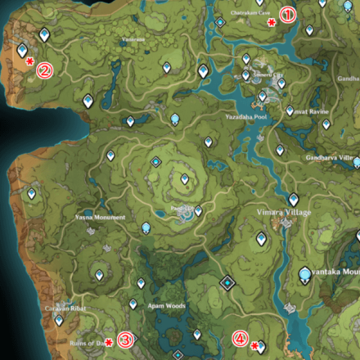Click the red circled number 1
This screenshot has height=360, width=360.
coord(286,14)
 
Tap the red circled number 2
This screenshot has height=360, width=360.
coord(44,70)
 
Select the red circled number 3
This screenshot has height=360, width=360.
coord(125,340)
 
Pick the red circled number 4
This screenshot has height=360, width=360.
coord(240,337)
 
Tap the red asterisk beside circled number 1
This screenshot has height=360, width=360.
coord(271,23)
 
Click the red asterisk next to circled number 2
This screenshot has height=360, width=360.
coord(29,62)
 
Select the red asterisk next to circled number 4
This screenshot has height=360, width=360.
coord(254,345)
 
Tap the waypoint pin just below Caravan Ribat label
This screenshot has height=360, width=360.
coord(58,320)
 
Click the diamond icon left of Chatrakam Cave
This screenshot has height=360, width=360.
coord(220,22)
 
